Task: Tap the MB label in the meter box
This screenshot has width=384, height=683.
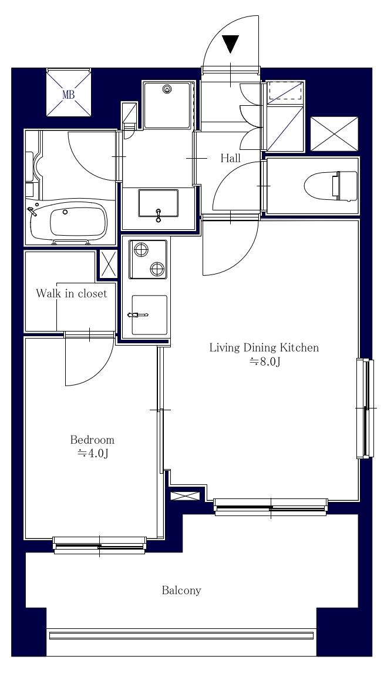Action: coord(69,93)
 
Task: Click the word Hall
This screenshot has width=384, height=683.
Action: coord(230,158)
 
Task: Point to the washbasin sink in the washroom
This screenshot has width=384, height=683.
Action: coord(158,204)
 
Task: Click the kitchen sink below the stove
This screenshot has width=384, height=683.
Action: coord(149,315)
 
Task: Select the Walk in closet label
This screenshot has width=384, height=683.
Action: coord(71,293)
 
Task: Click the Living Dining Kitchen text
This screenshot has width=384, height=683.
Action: coord(264,347)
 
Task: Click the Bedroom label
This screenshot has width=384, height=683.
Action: coord(92,440)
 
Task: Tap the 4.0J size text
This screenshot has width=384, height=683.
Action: coord(92,453)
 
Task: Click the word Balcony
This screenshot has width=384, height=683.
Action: coord(181,590)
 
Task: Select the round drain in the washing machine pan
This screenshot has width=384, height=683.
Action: coord(168,90)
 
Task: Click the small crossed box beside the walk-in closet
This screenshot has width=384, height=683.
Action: coord(107,264)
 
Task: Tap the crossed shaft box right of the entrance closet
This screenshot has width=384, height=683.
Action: coord(333,133)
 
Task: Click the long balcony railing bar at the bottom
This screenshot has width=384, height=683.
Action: coord(181,635)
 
